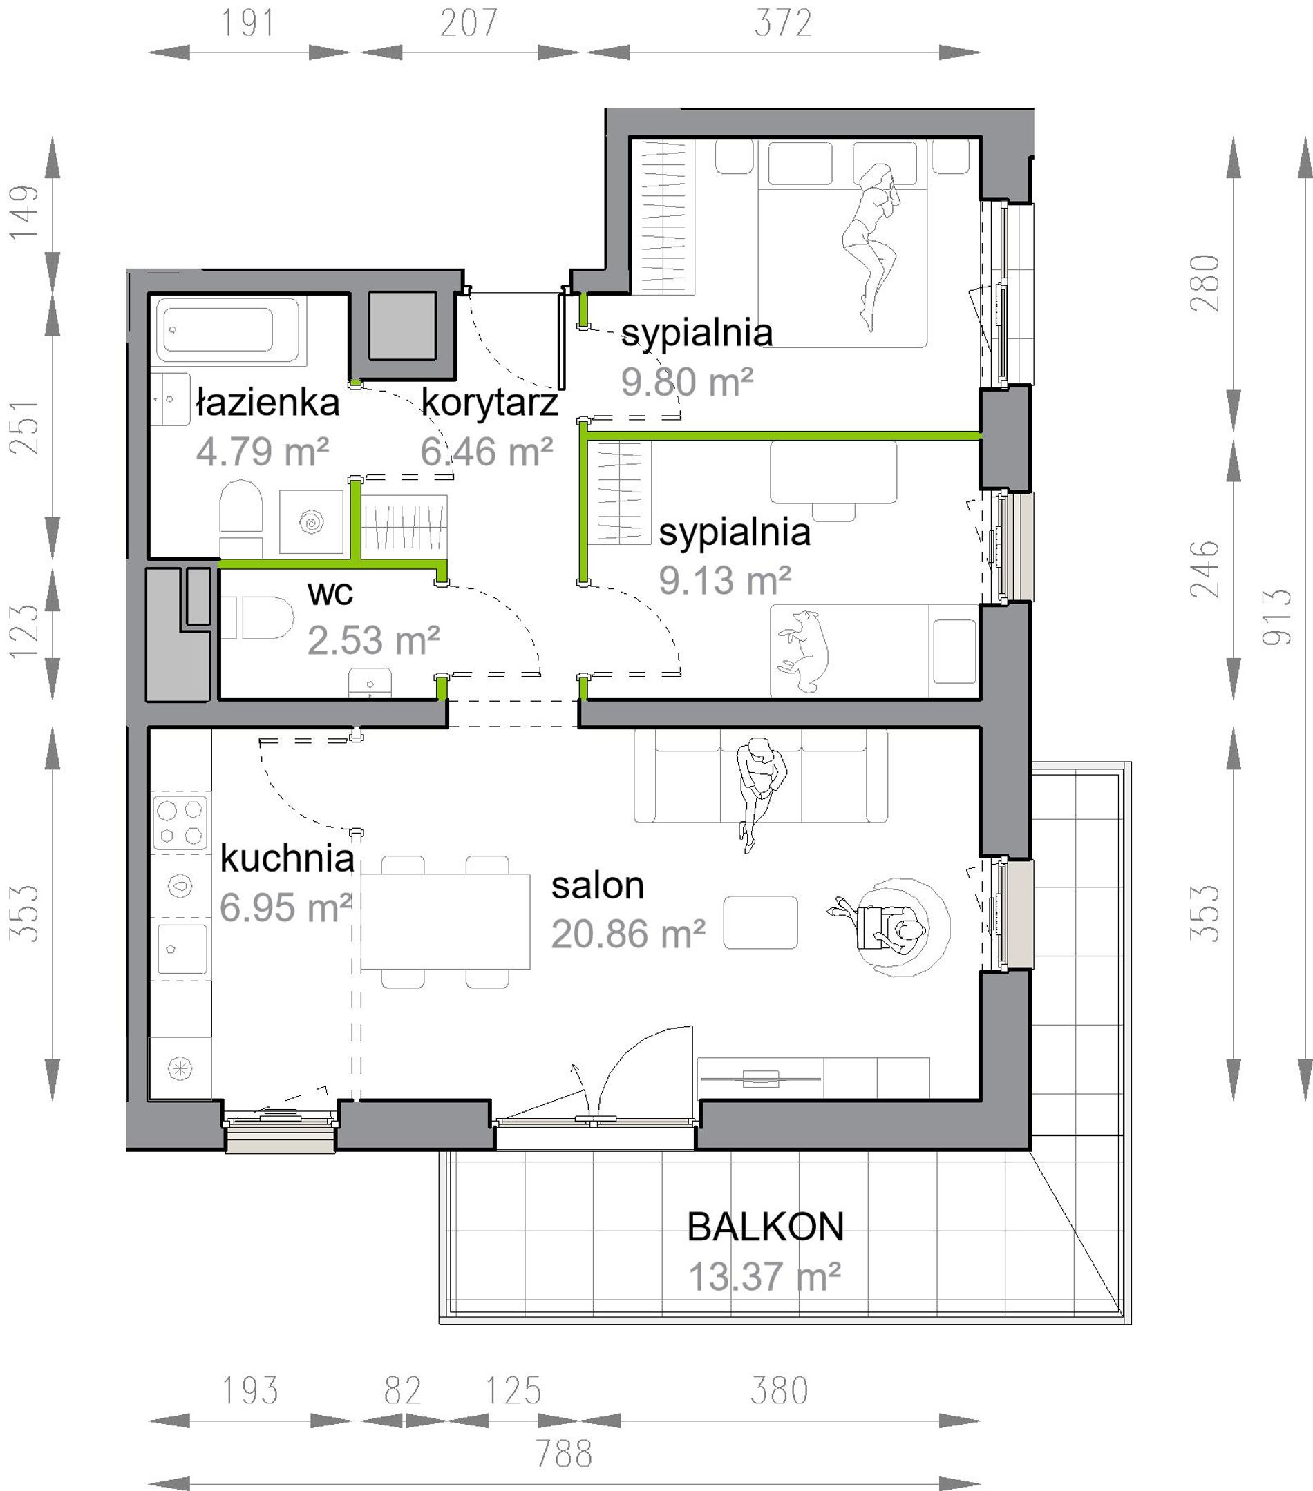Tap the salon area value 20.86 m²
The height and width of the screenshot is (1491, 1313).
pos(627,934)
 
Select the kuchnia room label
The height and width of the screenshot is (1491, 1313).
pos(287,858)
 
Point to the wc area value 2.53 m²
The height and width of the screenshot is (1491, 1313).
pos(373,640)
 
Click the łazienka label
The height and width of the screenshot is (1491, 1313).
pos(268,403)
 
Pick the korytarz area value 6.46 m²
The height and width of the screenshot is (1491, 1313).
pos(486,452)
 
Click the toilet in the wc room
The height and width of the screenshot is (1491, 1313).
pos(257,617)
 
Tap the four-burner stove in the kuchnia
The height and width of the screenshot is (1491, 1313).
pos(180,822)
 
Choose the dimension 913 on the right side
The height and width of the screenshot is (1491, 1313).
pos(1277,617)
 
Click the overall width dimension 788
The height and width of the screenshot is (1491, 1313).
pos(563,1453)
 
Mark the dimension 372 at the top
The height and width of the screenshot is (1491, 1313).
pos(783,23)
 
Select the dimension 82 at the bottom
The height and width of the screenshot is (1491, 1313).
pos(403,1390)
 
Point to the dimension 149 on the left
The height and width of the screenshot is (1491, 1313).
pos(23,211)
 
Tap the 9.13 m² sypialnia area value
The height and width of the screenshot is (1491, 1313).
pos(725,580)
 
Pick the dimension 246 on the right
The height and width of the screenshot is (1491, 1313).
pos(1205,569)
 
